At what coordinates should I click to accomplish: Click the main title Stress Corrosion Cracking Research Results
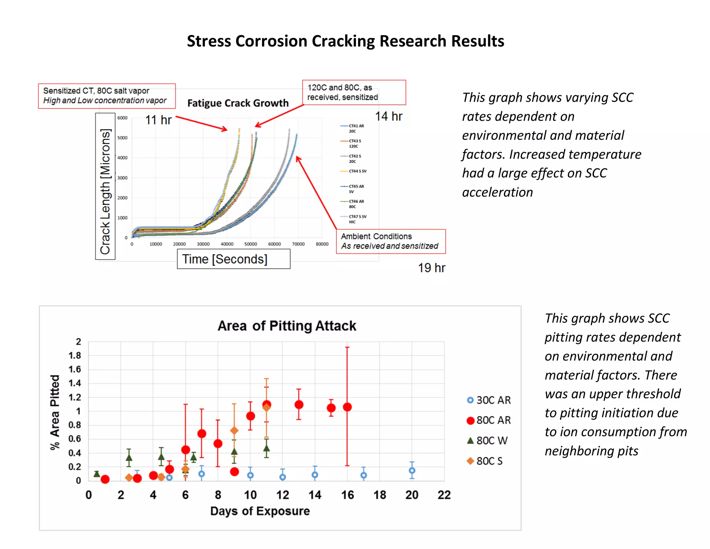(345, 41)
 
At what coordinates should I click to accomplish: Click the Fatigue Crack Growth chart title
(238, 103)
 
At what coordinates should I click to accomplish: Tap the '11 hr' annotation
(158, 120)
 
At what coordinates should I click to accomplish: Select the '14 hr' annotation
(389, 116)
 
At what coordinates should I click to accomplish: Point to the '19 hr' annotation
(431, 268)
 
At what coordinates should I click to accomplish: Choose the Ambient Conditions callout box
(390, 241)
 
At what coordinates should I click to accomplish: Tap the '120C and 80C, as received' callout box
(354, 92)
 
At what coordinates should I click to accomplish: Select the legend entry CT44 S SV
(357, 171)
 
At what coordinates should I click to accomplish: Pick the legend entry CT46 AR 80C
(356, 204)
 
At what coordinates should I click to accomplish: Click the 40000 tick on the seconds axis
(227, 244)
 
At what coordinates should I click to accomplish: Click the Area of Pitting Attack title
(287, 326)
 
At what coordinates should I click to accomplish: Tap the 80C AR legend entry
(489, 420)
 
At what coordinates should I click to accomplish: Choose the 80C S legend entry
(485, 461)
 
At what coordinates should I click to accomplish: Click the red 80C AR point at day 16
(347, 407)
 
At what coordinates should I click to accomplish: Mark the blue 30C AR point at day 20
(412, 471)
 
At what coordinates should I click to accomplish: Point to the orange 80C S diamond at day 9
(234, 431)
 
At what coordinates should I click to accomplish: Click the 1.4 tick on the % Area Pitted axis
(75, 383)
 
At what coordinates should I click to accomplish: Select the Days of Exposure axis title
(260, 511)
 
